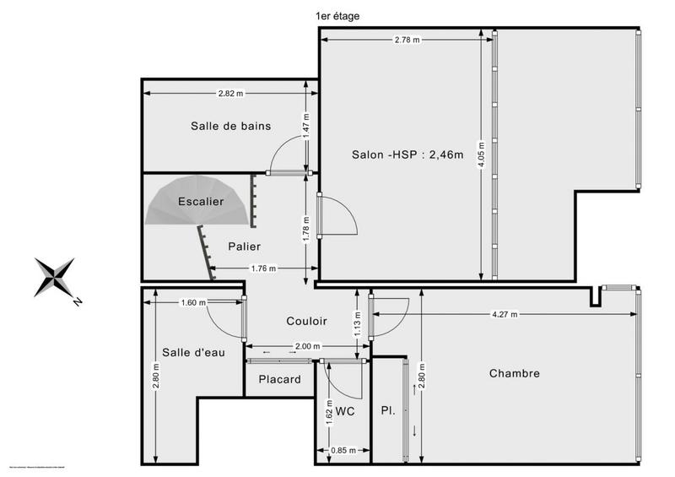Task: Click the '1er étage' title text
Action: click(337, 15)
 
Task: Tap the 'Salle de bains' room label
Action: click(230, 127)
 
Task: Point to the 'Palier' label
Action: click(244, 247)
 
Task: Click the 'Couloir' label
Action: click(306, 322)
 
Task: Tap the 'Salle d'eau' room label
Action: click(193, 353)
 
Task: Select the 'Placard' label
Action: click(279, 380)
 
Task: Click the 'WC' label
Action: click(344, 411)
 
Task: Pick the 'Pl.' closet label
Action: click(388, 411)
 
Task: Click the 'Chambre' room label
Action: click(514, 373)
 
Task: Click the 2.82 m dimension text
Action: click(230, 93)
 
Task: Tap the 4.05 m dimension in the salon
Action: click(481, 154)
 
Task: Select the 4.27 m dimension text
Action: click(505, 314)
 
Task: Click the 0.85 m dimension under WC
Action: click(343, 451)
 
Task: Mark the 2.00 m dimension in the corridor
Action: click(307, 346)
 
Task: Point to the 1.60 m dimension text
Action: click(193, 302)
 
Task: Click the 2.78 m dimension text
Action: click(407, 41)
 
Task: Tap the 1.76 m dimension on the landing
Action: click(263, 269)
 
